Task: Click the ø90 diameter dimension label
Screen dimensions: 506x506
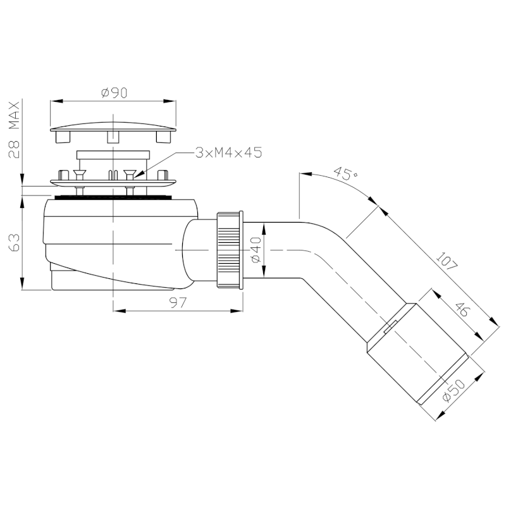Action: pyautogui.click(x=114, y=93)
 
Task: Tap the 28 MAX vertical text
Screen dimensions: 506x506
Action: pyautogui.click(x=14, y=130)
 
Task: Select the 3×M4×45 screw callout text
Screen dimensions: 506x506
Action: pyautogui.click(x=229, y=152)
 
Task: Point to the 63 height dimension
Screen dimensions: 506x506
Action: pyautogui.click(x=14, y=243)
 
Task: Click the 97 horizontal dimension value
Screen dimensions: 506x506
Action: pyautogui.click(x=178, y=303)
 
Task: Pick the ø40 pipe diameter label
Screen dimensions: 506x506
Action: pyautogui.click(x=256, y=250)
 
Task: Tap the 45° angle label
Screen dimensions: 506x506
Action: pyautogui.click(x=345, y=173)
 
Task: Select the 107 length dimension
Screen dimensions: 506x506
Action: pyautogui.click(x=447, y=261)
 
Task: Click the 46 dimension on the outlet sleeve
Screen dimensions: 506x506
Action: pyautogui.click(x=462, y=310)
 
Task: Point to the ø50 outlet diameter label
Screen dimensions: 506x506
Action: pyautogui.click(x=454, y=391)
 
